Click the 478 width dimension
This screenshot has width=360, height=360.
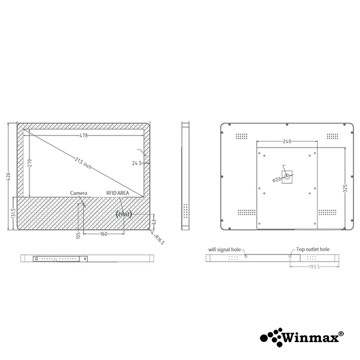point(84,136)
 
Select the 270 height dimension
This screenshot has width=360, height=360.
point(29,163)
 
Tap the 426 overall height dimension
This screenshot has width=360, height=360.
point(8,176)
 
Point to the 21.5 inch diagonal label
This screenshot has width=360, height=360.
point(83,163)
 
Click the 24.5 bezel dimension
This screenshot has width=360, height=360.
point(137,163)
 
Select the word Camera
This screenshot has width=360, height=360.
point(79,193)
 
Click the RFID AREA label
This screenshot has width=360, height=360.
point(118,193)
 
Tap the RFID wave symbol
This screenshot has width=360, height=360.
point(124,214)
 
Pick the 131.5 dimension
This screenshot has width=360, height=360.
point(13,213)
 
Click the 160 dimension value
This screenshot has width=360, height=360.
point(104,234)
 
